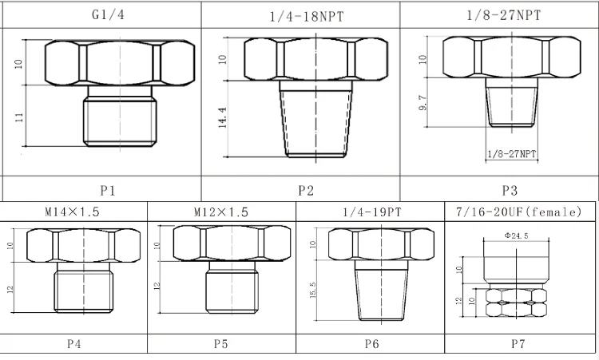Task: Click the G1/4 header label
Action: pyautogui.click(x=108, y=15)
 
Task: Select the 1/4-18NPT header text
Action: pyautogui.click(x=307, y=17)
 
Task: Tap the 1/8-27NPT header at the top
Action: pyautogui.click(x=504, y=15)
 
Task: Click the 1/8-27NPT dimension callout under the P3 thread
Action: pyautogui.click(x=512, y=154)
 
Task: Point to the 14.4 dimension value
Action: pyautogui.click(x=223, y=117)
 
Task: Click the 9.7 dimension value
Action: pyautogui.click(x=422, y=103)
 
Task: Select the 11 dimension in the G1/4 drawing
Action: pyautogui.click(x=19, y=117)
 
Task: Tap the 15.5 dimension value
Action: pyautogui.click(x=313, y=290)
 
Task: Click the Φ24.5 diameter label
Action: pyautogui.click(x=516, y=235)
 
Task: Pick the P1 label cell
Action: pyautogui.click(x=107, y=190)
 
